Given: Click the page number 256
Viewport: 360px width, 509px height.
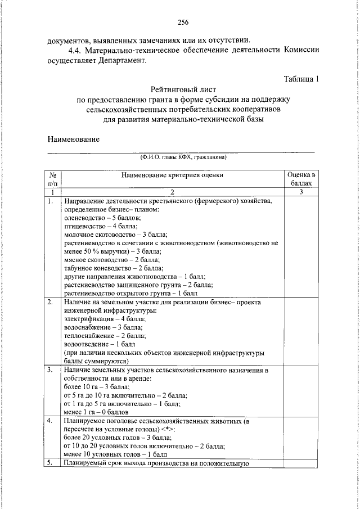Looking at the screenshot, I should point(183,23).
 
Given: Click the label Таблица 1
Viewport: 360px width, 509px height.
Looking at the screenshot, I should point(301,79).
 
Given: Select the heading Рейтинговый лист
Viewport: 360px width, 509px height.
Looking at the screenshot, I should point(183,89).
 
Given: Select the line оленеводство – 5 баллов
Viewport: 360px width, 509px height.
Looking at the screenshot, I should point(102,217).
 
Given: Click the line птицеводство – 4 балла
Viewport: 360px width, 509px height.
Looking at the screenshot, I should point(101,226).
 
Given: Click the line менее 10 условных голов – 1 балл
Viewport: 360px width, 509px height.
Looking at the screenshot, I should point(116,454).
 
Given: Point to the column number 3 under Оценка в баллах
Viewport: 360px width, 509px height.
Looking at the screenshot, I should point(301,192).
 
